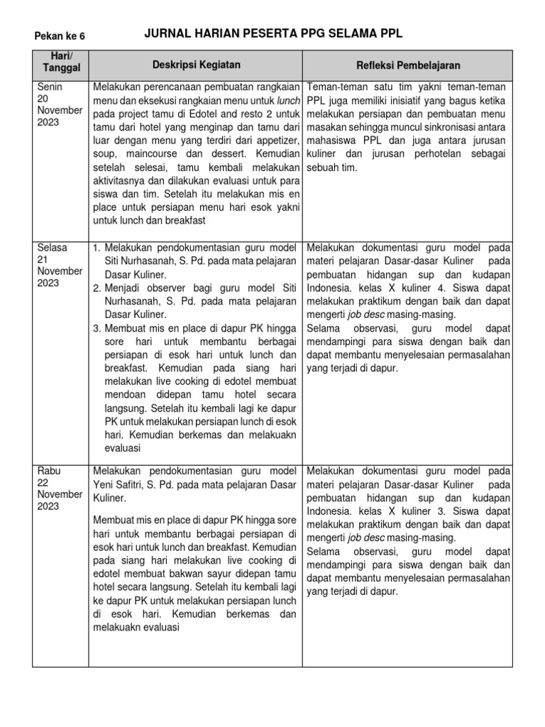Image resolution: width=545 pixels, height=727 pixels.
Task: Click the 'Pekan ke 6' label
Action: point(60,36)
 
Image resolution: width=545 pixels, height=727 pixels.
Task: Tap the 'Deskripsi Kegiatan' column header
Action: point(197,65)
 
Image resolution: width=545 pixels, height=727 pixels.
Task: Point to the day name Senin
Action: point(50,87)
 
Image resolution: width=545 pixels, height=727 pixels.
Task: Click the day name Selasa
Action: point(52,248)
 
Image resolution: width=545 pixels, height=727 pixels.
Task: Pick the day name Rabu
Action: point(48,471)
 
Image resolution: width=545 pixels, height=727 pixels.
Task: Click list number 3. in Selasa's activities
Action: point(98,329)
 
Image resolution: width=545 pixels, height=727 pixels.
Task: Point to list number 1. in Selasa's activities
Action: point(98,248)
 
